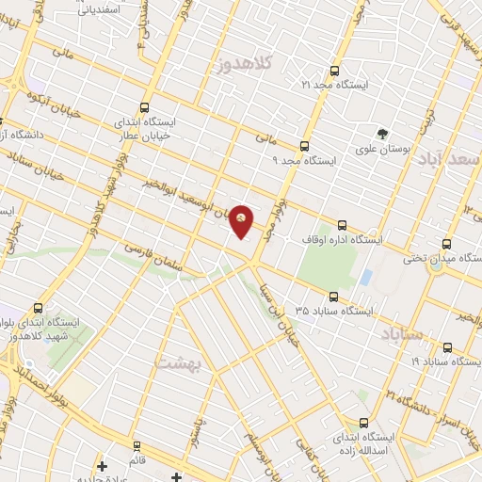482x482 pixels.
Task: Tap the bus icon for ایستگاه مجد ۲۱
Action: (x=334, y=71)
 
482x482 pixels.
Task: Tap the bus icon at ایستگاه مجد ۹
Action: (x=303, y=146)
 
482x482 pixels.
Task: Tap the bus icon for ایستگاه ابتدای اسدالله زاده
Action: (x=362, y=424)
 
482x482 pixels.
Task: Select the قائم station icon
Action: (x=136, y=444)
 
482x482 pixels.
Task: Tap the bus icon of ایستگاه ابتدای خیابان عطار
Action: (x=144, y=107)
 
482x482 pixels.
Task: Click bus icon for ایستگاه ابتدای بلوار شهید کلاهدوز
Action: (x=39, y=308)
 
